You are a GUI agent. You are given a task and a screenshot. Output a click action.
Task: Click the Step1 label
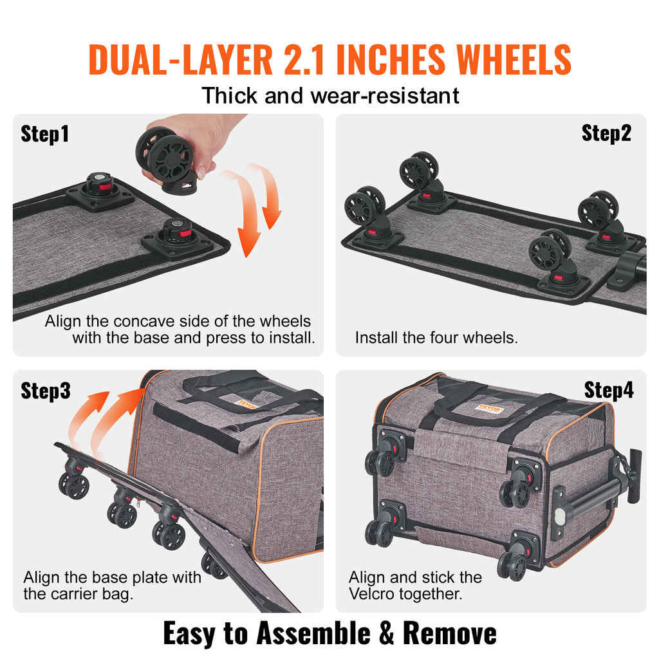tap(44, 134)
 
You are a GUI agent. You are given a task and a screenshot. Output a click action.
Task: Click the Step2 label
tap(606, 133)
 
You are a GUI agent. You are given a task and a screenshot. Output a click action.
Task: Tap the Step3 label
tap(45, 390)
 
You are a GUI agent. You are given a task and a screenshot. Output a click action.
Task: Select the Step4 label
tap(609, 389)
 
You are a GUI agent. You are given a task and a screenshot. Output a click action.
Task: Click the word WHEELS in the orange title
tap(514, 60)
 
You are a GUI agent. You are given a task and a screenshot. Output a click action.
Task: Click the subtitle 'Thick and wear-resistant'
tap(330, 96)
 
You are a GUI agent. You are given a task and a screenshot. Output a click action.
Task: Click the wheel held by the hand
tap(166, 156)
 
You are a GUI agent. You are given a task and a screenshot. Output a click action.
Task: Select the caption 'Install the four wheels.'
tap(436, 337)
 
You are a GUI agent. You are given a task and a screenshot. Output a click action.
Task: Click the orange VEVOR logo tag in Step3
tap(245, 404)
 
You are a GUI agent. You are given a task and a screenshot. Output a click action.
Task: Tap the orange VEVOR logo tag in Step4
tap(487, 408)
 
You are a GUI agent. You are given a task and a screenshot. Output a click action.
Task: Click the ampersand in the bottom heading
tap(386, 633)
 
